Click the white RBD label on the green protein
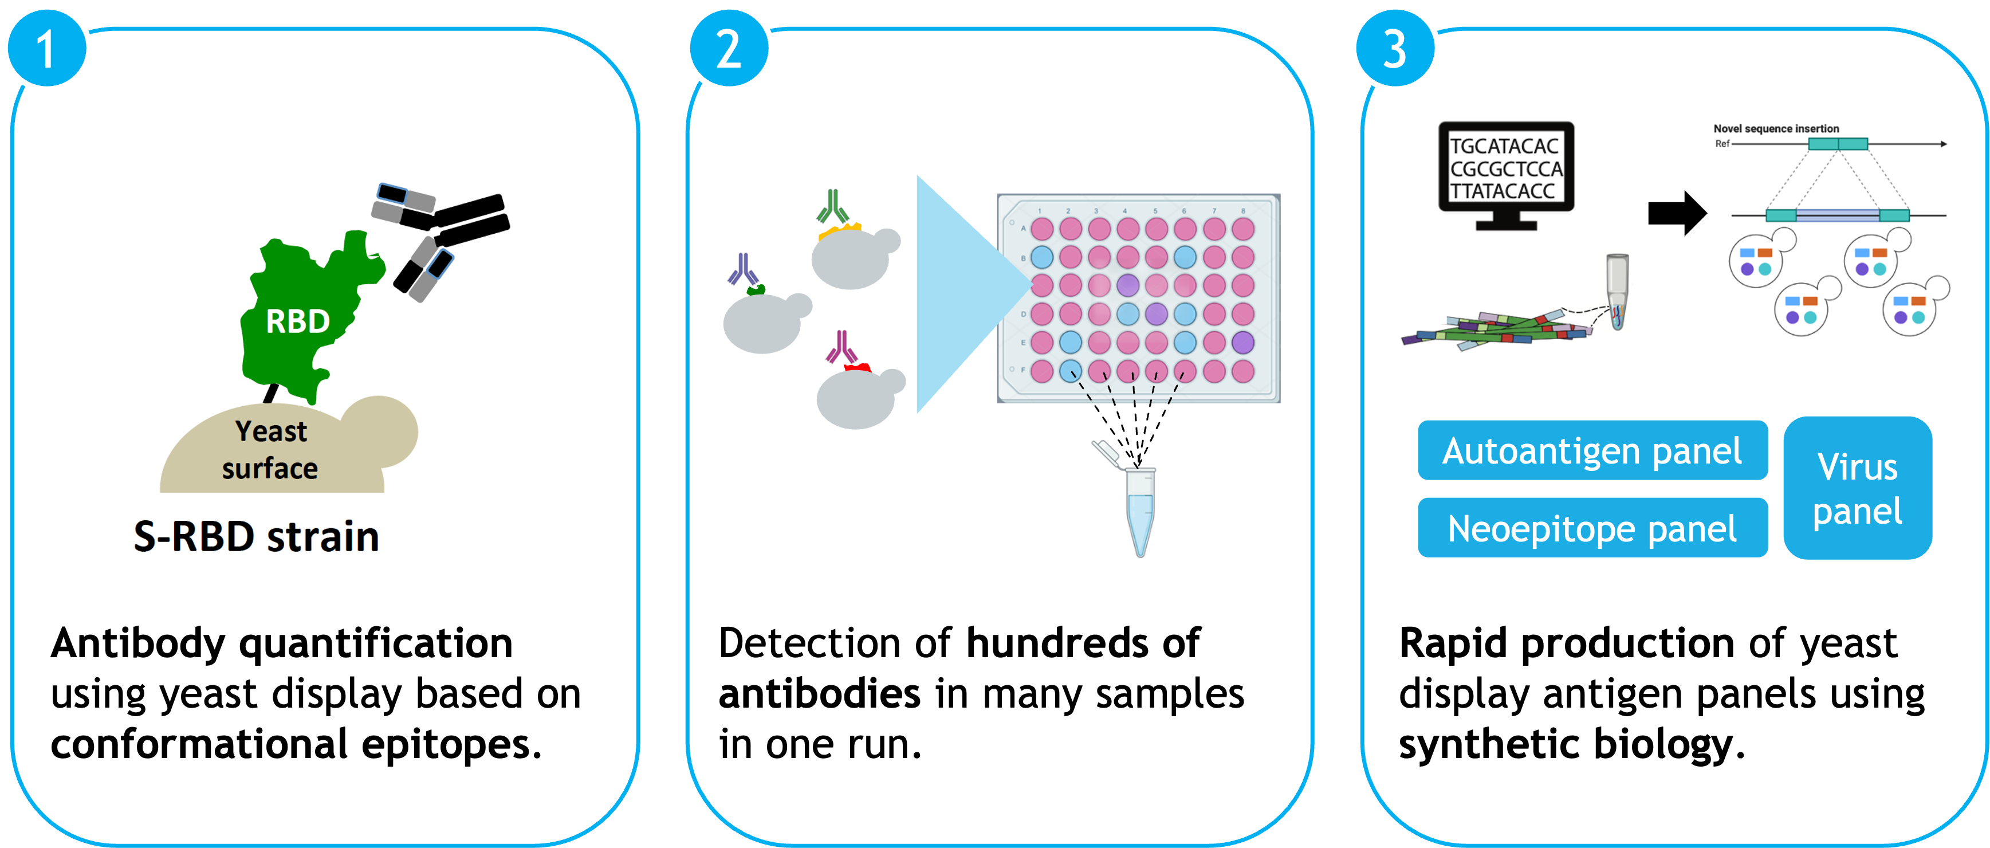[x=297, y=321]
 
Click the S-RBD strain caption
[x=257, y=536]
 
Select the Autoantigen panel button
[x=1592, y=451]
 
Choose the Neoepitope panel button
[x=1592, y=529]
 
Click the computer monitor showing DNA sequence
[x=1505, y=170]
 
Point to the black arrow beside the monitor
[x=1676, y=213]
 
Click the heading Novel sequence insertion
[x=1776, y=128]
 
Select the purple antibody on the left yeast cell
[x=743, y=270]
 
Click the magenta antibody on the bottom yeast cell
[x=841, y=348]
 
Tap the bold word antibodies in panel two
[x=819, y=693]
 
